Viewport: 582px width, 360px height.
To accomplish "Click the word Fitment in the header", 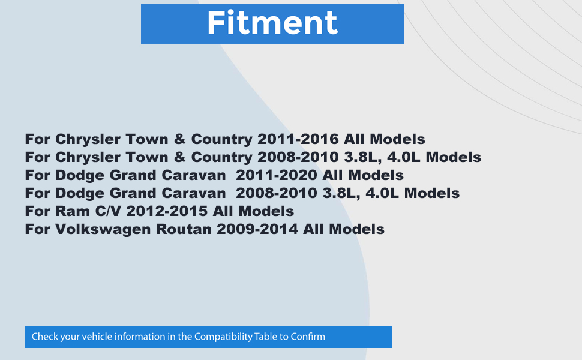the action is click(272, 23).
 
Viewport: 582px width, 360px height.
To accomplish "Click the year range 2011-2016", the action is click(298, 139).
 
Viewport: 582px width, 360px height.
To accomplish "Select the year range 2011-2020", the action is click(277, 175).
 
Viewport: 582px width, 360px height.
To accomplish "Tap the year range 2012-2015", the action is click(167, 211).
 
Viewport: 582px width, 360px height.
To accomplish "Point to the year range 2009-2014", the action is click(257, 229).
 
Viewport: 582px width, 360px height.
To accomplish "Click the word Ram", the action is click(73, 211).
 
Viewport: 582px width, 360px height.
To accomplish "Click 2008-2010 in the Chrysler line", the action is click(298, 157).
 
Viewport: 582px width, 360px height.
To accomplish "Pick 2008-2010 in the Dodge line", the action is click(277, 193).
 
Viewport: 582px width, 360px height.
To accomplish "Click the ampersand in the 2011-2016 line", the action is click(179, 139).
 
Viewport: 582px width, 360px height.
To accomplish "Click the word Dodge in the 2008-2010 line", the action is click(80, 194).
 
